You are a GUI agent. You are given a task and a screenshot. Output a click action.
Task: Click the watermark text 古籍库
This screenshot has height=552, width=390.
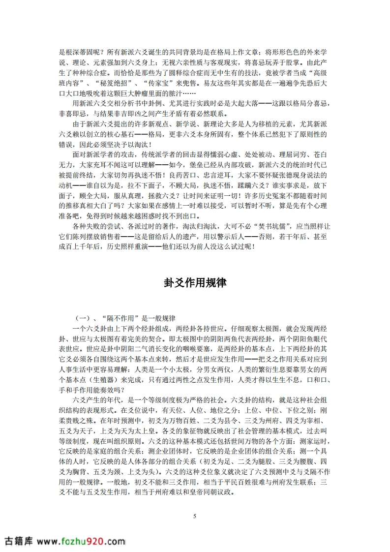18,541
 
